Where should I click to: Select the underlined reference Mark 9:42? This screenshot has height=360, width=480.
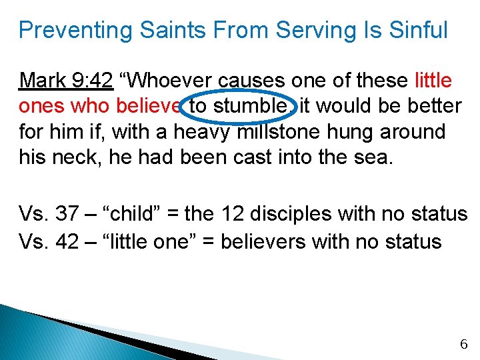tap(66, 81)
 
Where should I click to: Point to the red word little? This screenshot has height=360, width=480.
tap(433, 81)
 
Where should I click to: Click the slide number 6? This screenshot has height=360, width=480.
tap(464, 345)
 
